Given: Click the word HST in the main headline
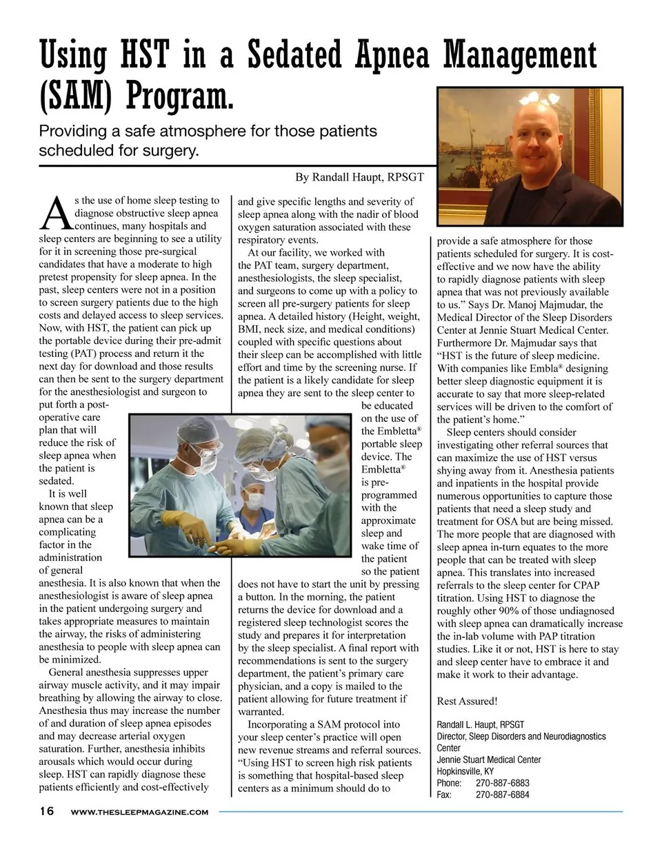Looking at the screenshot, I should (x=143, y=54).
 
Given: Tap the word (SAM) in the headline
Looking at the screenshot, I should (x=75, y=96).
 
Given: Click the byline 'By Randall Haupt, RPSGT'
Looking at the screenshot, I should (x=359, y=177).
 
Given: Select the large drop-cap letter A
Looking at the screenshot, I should (x=54, y=213).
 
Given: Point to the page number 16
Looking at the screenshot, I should (x=46, y=811).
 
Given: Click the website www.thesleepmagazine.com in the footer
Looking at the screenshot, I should (x=139, y=812).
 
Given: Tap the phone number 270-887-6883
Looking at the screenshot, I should (x=503, y=783).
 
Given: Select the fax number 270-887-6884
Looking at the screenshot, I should (x=503, y=795).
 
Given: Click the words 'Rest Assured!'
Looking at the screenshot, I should (x=467, y=701).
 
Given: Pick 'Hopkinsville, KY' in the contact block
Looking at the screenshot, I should (x=465, y=771).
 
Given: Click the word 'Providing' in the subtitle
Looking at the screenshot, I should (x=73, y=131).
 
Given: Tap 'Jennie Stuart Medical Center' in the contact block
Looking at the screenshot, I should (x=489, y=760).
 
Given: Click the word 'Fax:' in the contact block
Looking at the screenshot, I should (x=444, y=795).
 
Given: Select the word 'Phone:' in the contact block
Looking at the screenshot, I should (x=449, y=783).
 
